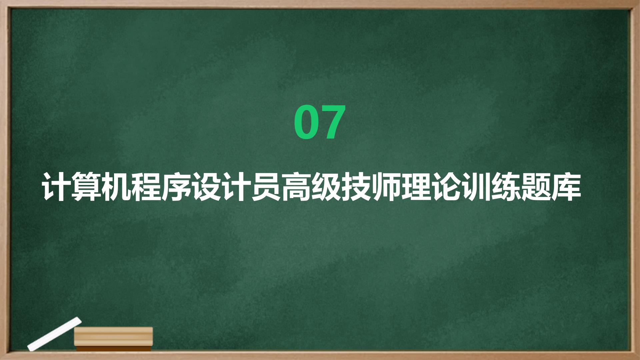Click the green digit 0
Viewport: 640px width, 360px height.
(306, 122)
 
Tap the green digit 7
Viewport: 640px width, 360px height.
(332, 122)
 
